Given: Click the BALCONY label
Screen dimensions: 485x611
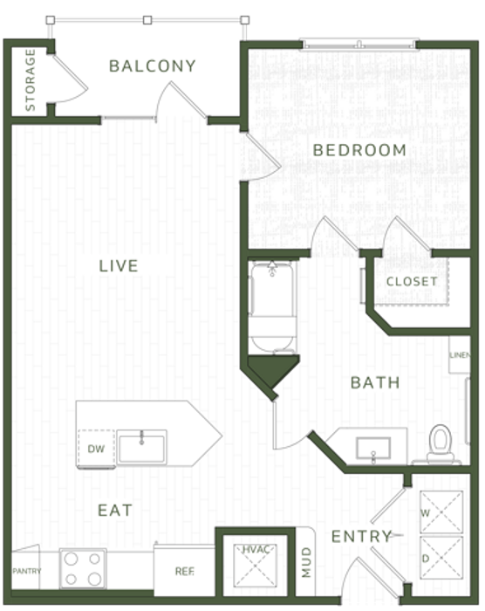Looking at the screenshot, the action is tap(153, 65).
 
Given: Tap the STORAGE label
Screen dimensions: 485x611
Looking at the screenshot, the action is tap(30, 79).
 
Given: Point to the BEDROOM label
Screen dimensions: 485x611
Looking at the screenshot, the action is tap(359, 150).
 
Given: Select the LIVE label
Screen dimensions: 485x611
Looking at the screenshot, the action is tap(119, 265).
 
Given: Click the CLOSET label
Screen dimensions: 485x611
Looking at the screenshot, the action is tap(412, 281).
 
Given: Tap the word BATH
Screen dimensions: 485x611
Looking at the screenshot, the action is tap(375, 382).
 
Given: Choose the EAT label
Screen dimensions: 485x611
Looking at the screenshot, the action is tap(115, 510).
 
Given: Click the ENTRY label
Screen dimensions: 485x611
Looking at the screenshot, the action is tap(362, 537).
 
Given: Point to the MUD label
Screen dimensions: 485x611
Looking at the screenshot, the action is tap(306, 562).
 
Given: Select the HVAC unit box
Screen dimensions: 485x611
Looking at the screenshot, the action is tap(255, 564).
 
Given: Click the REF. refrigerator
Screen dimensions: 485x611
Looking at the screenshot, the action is tap(184, 570).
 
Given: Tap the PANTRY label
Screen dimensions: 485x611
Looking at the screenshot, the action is tap(26, 571).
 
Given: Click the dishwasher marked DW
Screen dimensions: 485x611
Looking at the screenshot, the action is tap(96, 448).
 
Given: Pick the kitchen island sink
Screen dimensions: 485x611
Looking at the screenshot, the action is tap(142, 447).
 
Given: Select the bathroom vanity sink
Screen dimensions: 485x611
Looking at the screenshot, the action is tap(373, 448).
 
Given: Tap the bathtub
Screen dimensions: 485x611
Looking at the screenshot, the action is tap(272, 307).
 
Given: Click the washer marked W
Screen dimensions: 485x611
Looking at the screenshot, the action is tap(441, 512).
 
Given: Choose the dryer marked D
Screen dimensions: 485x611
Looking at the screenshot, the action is tap(441, 558).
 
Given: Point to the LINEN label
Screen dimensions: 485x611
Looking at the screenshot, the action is tap(460, 355).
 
